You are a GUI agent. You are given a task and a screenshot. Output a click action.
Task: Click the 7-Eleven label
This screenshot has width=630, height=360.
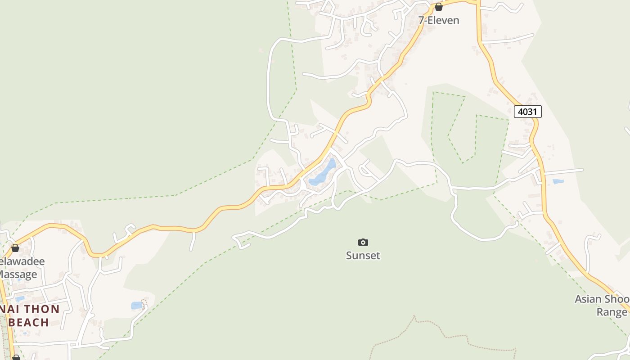coord(439,20)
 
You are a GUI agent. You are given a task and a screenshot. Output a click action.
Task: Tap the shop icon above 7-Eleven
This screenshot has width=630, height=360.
coord(439,7)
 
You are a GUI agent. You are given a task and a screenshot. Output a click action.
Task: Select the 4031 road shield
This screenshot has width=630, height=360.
coord(527,111)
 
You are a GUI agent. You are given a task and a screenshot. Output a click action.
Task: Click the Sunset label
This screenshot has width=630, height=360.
coord(363,256)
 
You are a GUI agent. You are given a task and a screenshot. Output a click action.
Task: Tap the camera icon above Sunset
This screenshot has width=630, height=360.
coord(363,243)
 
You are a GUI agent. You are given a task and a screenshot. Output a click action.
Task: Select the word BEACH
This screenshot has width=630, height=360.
coord(29,322)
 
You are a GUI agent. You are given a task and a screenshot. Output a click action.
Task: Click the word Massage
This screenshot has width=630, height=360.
coord(18,274)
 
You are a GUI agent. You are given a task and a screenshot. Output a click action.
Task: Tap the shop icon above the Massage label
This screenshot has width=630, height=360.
coord(15,248)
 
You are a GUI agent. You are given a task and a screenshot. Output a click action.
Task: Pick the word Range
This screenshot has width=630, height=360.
coord(612,312)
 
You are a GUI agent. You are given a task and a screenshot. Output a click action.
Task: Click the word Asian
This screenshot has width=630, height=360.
coord(588,299)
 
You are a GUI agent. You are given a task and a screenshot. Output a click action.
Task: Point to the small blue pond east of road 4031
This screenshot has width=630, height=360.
coord(558,181)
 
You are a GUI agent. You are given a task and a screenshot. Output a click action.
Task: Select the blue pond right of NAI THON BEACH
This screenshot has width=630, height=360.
coord(136,306)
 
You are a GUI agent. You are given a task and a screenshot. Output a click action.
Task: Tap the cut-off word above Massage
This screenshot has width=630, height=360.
coord(22,261)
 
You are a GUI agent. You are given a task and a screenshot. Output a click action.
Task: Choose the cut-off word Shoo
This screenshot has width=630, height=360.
coord(616,299)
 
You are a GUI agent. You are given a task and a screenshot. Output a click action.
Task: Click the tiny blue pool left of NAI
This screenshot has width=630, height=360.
coord(20,298)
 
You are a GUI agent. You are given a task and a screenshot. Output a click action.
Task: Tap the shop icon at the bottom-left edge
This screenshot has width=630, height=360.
coord(16,357)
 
